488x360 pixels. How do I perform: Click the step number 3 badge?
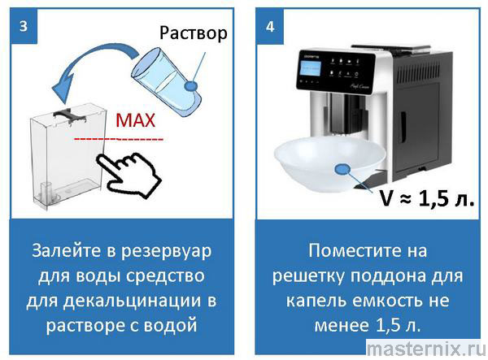tap(25, 25)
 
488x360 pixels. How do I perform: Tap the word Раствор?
tap(194, 33)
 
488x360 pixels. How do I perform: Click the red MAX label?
tap(135, 121)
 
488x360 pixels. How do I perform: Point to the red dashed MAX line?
tap(119, 139)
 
